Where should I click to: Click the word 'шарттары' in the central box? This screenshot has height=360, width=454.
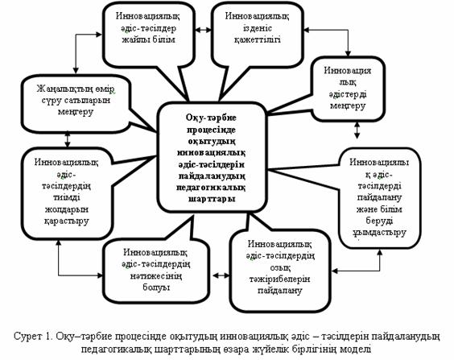[212, 199]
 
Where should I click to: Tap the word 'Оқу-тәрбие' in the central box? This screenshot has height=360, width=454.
[211, 118]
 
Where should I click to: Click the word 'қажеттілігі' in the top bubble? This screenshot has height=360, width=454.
[257, 39]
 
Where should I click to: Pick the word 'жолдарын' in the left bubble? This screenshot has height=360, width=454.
[66, 209]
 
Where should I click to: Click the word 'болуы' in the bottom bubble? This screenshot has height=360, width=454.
[156, 287]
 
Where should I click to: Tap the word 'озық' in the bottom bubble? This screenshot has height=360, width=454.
[279, 267]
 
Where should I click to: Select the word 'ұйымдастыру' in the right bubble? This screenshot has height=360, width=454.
[379, 233]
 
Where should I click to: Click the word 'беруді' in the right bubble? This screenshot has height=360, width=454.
[379, 221]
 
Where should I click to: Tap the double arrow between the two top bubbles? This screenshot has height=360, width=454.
[204, 30]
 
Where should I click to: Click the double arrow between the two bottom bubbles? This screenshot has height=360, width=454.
[221, 275]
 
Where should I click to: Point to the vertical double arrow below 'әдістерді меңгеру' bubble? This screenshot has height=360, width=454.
[357, 130]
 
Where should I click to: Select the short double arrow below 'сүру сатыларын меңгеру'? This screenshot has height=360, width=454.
[68, 139]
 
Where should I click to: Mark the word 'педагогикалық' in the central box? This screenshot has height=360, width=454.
[211, 188]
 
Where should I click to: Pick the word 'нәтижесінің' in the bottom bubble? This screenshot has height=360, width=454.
[156, 275]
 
